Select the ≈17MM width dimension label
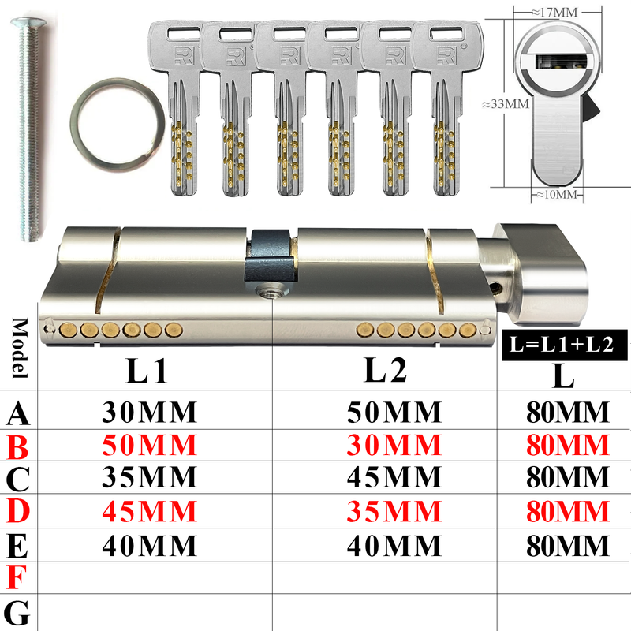pyautogui.click(x=554, y=13)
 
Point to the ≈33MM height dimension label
pyautogui.click(x=506, y=104)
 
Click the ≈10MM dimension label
pyautogui.click(x=557, y=194)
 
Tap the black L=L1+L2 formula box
pyautogui.click(x=565, y=345)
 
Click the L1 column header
pyautogui.click(x=147, y=370)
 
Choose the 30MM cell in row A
pyautogui.click(x=149, y=412)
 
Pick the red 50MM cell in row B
pyautogui.click(x=149, y=445)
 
